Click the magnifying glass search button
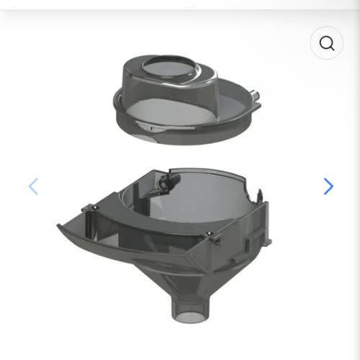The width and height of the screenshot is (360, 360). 327,44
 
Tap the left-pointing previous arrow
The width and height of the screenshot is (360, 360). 33,186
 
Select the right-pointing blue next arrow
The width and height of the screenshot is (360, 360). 328,186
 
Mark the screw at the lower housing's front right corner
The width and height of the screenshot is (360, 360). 209,237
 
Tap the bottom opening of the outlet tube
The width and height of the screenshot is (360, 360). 185,317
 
